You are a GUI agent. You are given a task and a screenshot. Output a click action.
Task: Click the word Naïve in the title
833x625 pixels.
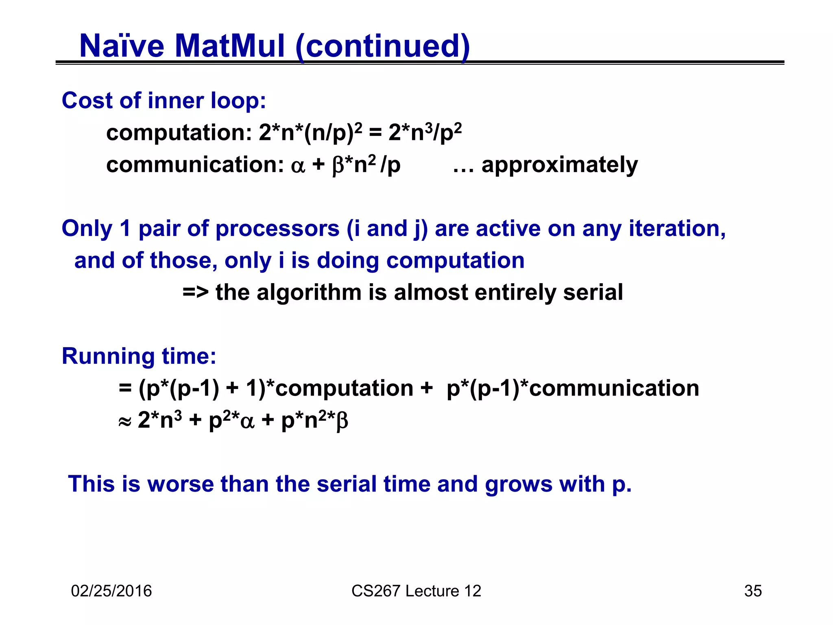point(122,46)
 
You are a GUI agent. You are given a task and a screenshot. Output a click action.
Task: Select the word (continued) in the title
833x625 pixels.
point(383,46)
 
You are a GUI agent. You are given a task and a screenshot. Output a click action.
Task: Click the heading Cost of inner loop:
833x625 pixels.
point(164,101)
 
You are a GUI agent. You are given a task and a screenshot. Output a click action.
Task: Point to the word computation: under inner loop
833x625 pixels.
point(179,133)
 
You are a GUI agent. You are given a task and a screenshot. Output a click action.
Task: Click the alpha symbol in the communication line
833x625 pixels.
point(298,166)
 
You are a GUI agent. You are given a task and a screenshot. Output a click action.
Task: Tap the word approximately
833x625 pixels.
point(559,166)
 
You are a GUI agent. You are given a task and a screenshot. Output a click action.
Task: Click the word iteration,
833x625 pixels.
point(677,229)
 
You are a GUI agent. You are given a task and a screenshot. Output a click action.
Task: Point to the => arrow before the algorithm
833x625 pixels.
point(196,293)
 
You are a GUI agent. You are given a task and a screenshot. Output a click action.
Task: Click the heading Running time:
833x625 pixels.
point(139,356)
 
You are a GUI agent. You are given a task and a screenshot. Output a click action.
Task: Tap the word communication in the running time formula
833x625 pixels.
point(614,388)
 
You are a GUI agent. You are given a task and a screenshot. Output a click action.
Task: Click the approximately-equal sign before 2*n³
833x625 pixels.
point(124,422)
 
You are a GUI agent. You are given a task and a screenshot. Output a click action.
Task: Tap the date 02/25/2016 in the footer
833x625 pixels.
point(111,591)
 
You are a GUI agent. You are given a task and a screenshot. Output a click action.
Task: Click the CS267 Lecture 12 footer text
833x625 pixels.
point(416,591)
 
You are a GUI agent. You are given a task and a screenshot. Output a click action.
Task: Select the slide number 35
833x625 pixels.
point(753,591)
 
